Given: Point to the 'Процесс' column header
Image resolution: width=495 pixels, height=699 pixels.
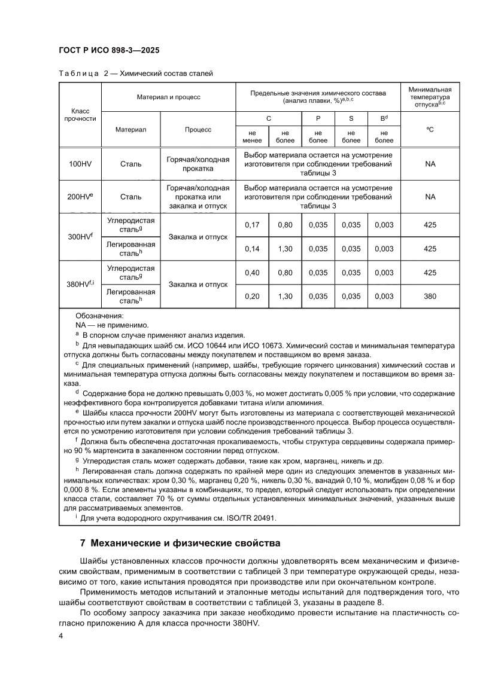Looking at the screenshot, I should (198, 129).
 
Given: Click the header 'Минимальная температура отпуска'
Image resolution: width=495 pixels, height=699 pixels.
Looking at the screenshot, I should (430, 96).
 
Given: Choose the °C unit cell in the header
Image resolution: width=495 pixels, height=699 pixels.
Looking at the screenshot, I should (430, 129).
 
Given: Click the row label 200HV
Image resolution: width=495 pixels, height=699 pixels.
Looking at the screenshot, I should (80, 196).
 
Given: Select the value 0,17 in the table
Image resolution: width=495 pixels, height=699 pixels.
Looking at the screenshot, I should (252, 225).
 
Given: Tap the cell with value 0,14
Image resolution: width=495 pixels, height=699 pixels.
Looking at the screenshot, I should (252, 249).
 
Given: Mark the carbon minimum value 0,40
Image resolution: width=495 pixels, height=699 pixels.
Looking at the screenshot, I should (252, 272).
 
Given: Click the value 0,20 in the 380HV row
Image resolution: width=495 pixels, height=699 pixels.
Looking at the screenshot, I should (252, 296).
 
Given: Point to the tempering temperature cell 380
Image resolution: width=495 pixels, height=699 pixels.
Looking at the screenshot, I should (430, 296).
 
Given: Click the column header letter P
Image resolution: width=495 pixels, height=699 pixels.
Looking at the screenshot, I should (318, 118).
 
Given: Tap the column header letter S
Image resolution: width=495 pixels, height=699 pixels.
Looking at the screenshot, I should (351, 118).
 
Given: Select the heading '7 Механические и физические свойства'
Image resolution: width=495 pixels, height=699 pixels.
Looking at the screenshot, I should (180, 544).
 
